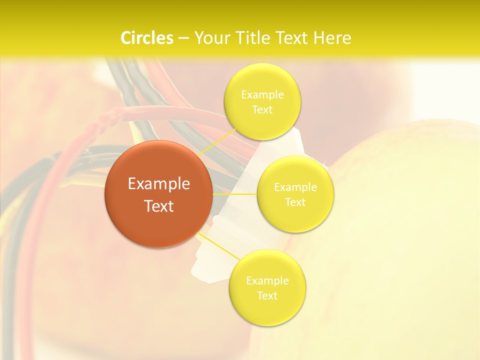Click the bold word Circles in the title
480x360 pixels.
click(x=147, y=38)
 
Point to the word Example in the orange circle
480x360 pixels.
click(x=159, y=184)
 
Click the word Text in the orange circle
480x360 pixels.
click(x=159, y=206)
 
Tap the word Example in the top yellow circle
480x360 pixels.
click(x=262, y=94)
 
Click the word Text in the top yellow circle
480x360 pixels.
click(x=262, y=109)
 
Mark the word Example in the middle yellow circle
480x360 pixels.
click(x=295, y=187)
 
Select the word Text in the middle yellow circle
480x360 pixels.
click(x=295, y=202)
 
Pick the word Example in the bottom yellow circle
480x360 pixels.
click(x=267, y=280)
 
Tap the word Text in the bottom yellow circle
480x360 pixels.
click(x=267, y=295)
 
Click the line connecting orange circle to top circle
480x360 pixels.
click(x=216, y=142)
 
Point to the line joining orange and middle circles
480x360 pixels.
click(x=234, y=193)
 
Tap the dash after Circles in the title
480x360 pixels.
click(x=183, y=38)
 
